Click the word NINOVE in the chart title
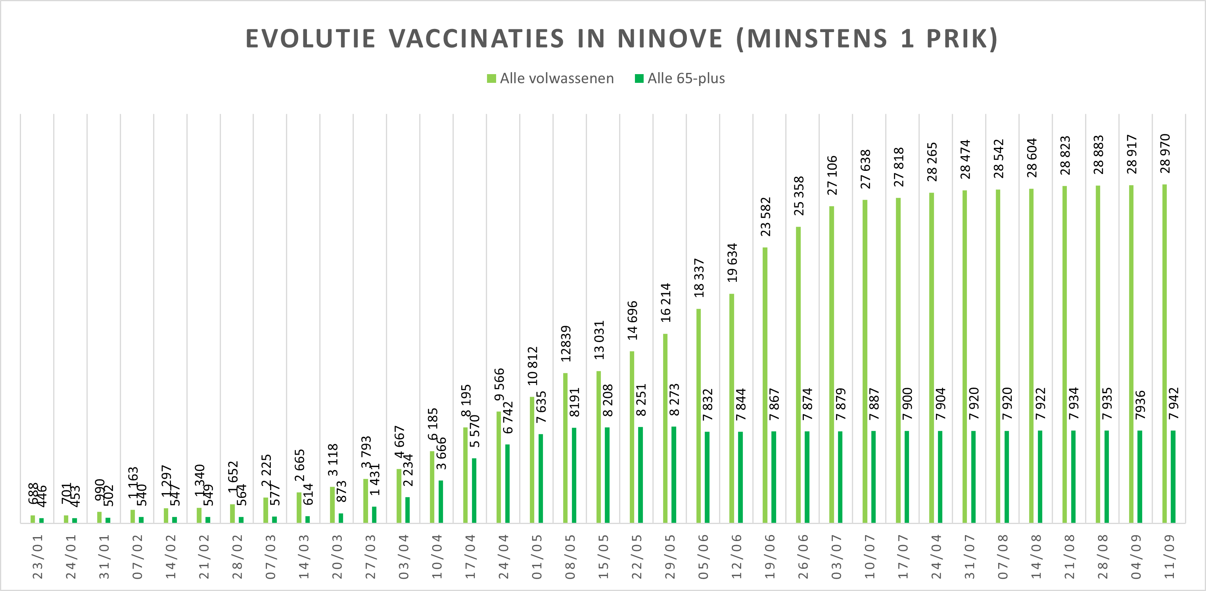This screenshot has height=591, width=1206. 669,39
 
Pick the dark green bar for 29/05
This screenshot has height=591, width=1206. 674,474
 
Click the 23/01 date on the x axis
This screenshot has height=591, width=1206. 37,557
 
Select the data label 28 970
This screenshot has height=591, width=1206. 1165,153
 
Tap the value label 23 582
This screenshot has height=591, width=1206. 765,217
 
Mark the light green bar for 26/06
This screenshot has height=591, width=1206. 798,374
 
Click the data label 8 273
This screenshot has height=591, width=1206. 674,400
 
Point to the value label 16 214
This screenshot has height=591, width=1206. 665,303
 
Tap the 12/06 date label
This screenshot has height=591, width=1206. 736,557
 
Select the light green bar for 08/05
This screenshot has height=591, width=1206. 566,448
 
